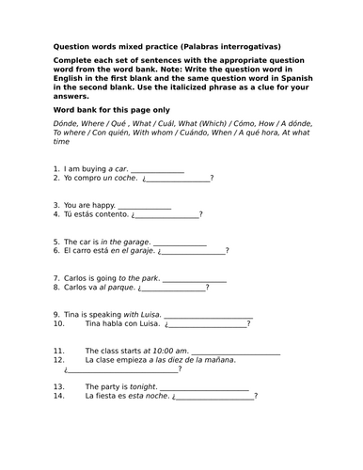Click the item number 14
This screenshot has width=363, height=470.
(x=58, y=396)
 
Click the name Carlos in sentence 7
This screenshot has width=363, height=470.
(x=75, y=278)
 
